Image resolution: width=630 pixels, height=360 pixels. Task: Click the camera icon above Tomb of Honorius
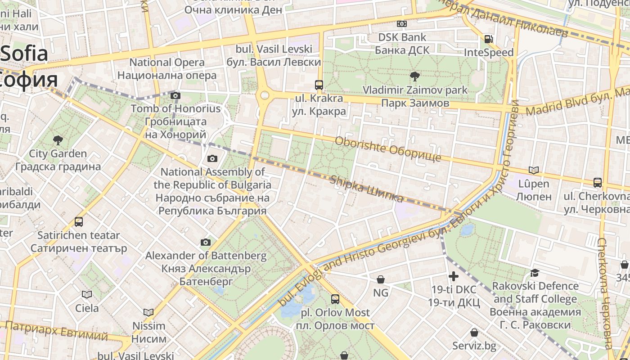pyautogui.click(x=175, y=95)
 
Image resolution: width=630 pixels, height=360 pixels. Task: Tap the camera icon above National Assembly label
pyautogui.click(x=212, y=158)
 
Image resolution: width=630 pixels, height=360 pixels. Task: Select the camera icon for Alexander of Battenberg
pyautogui.click(x=206, y=243)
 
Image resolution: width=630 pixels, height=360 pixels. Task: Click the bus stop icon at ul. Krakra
pyautogui.click(x=319, y=85)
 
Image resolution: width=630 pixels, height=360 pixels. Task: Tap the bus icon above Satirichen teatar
pyautogui.click(x=79, y=222)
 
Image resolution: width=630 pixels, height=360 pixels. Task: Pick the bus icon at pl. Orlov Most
pyautogui.click(x=335, y=299)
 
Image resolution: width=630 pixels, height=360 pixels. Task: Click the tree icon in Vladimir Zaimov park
pyautogui.click(x=414, y=76)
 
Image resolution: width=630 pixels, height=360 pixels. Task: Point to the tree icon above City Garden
pyautogui.click(x=58, y=140)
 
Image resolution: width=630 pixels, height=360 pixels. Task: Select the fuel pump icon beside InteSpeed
pyautogui.click(x=488, y=39)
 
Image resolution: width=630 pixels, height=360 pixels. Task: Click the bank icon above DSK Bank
pyautogui.click(x=402, y=24)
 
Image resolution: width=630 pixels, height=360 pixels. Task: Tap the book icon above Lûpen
pyautogui.click(x=534, y=170)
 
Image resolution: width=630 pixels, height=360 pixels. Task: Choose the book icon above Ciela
pyautogui.click(x=87, y=294)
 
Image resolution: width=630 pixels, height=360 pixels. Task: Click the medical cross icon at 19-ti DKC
pyautogui.click(x=454, y=276)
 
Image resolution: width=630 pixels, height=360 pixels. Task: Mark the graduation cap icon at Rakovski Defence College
pyautogui.click(x=535, y=273)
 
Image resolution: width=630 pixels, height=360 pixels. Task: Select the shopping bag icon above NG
pyautogui.click(x=381, y=279)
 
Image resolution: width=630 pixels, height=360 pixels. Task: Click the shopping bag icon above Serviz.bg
pyautogui.click(x=474, y=333)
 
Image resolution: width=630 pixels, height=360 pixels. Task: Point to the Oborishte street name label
pyautogui.click(x=388, y=149)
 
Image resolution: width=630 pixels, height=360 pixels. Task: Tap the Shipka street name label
pyautogui.click(x=366, y=189)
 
